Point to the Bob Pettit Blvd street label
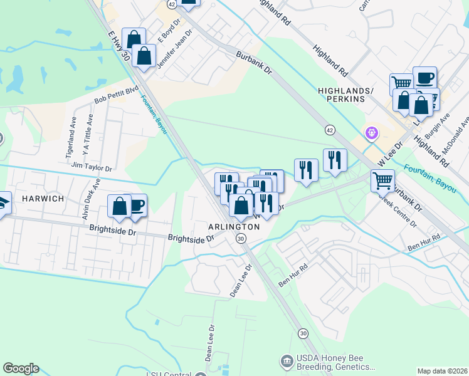tap(115, 96)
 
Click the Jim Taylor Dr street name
tap(92, 169)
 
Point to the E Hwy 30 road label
tap(119, 47)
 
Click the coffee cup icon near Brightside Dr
tap(137, 205)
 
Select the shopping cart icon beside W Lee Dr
tap(382, 180)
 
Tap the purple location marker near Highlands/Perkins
tap(372, 133)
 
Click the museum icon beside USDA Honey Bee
tap(287, 361)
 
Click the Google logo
tap(21, 368)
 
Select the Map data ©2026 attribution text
tap(442, 371)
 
